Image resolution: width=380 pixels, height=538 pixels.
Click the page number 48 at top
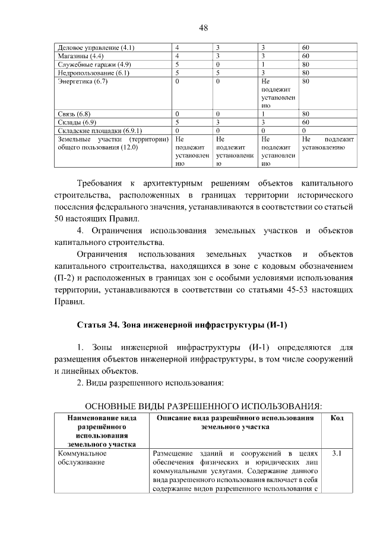[202, 27]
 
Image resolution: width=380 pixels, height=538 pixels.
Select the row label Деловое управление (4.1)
[96, 47]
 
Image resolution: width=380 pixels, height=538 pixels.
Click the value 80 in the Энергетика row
[306, 80]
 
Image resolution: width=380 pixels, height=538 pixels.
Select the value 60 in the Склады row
[306, 121]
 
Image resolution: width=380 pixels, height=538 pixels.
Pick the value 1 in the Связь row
[262, 113]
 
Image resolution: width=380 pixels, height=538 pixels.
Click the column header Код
[337, 419]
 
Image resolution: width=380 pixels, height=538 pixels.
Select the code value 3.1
[337, 454]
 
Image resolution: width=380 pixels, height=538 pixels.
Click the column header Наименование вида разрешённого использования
[100, 431]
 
